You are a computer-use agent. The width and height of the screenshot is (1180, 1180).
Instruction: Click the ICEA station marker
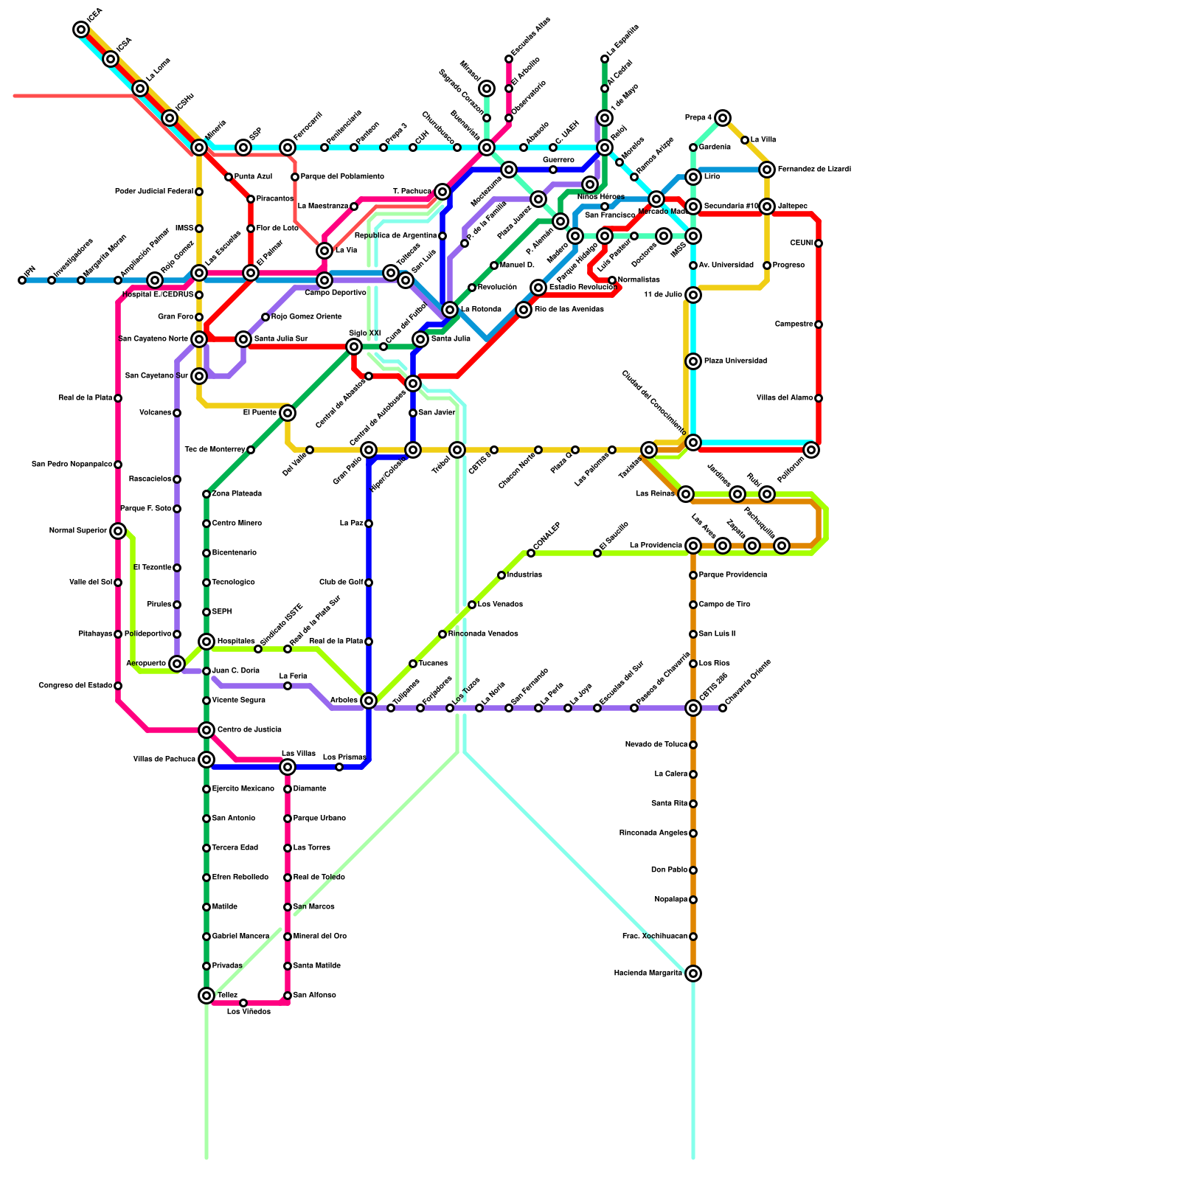81,29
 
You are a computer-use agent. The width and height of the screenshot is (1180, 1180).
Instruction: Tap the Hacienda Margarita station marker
693,974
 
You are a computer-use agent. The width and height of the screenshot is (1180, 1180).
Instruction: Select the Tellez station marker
206,996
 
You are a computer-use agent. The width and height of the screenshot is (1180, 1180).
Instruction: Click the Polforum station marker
811,450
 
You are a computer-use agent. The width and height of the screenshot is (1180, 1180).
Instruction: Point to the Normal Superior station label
78,531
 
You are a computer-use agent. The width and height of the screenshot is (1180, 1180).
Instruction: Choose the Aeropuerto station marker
177,664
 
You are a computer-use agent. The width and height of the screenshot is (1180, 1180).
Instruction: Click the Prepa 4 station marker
723,118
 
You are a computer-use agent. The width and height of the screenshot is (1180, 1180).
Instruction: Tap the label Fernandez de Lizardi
814,170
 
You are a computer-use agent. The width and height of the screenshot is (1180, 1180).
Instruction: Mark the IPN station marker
22,280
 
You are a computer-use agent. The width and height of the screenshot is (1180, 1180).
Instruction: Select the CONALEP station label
546,536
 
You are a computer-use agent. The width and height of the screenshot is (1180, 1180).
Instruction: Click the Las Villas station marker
288,767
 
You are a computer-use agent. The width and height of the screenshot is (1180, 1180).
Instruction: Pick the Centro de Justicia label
249,730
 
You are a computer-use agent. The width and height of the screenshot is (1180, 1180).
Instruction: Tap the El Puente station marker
288,413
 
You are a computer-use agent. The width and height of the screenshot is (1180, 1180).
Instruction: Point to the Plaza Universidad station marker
693,361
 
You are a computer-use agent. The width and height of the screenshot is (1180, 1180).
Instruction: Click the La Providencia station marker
693,546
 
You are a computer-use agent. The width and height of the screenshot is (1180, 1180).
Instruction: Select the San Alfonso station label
315,996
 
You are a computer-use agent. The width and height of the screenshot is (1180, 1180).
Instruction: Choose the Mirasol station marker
487,88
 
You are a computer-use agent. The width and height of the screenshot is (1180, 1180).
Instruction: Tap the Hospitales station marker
206,642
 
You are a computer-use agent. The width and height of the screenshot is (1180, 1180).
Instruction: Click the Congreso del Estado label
75,686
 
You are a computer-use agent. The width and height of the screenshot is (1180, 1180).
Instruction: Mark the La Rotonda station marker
450,310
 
